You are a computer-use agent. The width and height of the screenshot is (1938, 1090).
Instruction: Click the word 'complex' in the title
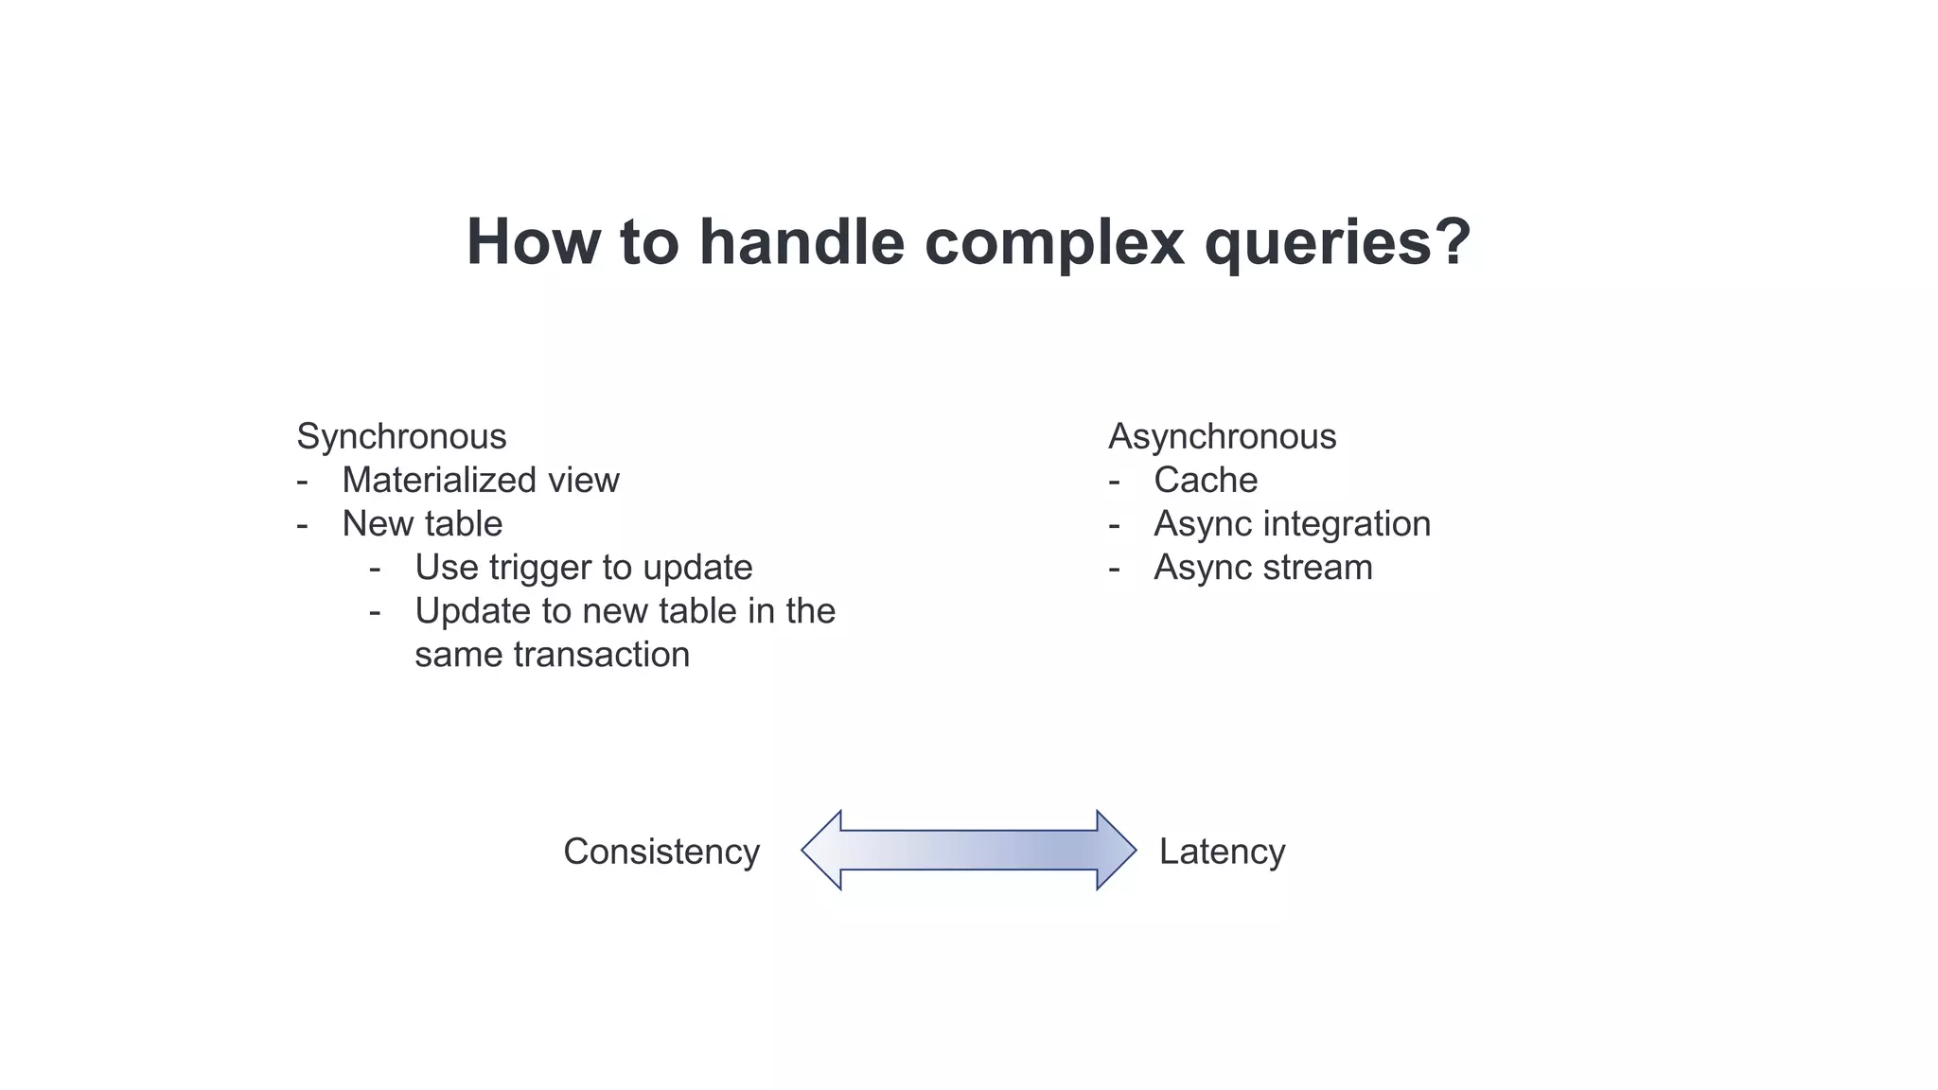tap(1053, 243)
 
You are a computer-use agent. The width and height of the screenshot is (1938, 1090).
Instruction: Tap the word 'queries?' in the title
tap(1337, 243)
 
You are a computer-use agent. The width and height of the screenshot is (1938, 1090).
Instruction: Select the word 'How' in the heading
tap(532, 242)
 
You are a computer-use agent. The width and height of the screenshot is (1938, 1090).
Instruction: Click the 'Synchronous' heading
tap(401, 437)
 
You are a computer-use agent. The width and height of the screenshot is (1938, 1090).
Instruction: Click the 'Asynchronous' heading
tap(1222, 437)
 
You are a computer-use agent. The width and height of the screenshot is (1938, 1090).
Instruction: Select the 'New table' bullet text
tap(422, 524)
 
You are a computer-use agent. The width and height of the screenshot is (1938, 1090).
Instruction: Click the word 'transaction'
tap(602, 655)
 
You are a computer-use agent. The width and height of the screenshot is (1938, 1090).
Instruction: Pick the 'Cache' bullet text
tap(1206, 481)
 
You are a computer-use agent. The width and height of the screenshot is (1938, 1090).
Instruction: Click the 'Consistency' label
tap(661, 852)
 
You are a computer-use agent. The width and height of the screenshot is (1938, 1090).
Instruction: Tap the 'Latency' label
tap(1222, 852)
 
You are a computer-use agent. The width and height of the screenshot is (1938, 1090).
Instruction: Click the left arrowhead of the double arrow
tap(823, 850)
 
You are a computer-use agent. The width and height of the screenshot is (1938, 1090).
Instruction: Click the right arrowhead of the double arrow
tap(1115, 850)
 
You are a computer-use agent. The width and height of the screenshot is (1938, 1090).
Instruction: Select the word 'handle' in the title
tap(802, 242)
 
